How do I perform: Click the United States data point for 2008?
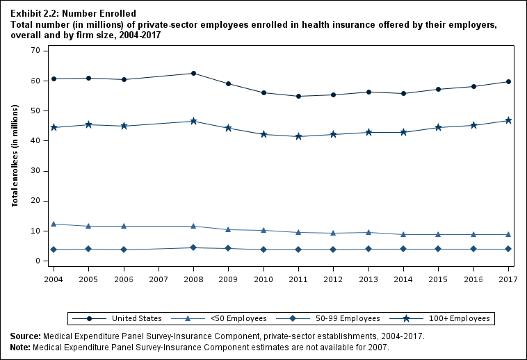click(x=193, y=73)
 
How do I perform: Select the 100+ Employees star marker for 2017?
click(x=508, y=120)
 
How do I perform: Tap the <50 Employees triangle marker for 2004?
click(x=54, y=224)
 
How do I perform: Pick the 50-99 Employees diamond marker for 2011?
click(x=298, y=249)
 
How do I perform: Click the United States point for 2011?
click(x=298, y=96)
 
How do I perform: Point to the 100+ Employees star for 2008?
click(x=193, y=121)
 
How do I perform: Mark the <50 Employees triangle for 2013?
click(x=368, y=232)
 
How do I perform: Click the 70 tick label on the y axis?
click(x=33, y=51)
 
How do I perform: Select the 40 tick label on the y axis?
click(x=33, y=141)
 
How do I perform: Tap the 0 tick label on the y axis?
click(x=36, y=261)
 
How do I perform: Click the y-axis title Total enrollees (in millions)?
click(x=15, y=156)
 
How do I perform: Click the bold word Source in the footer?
click(x=24, y=336)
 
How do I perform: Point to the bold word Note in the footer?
click(x=21, y=347)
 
